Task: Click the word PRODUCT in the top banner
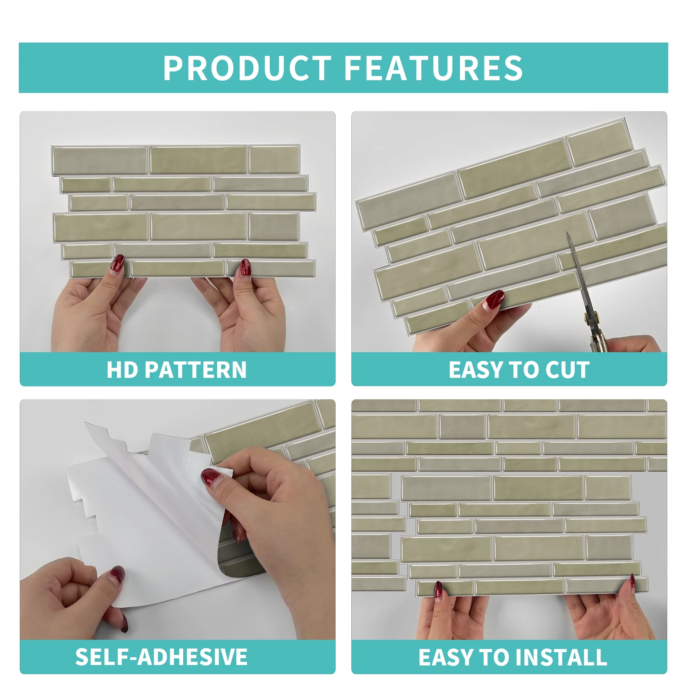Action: pos(247,68)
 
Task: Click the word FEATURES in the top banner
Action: pos(433,68)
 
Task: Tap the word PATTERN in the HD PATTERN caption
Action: pos(196,370)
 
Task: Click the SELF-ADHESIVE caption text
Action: pos(161,657)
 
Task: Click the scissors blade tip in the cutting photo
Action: pos(567,233)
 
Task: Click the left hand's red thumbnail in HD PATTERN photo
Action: pos(118,264)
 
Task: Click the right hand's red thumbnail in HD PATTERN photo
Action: pos(245,267)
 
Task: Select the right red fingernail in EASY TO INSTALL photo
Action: pos(632,583)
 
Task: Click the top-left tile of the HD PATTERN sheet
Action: pos(100,160)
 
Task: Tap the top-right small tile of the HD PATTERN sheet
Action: pos(274,159)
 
